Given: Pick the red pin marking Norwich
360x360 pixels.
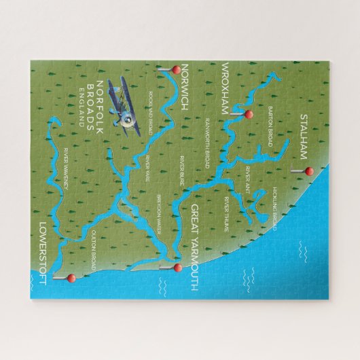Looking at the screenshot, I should point(173,69).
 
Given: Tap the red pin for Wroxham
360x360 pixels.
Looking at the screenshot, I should point(248,114).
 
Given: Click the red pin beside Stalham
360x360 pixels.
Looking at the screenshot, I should point(307,171).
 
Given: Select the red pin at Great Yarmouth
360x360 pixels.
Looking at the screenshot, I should point(178,268).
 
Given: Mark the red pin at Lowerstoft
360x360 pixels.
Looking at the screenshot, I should point(69,277).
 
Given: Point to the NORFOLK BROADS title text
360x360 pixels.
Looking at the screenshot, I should point(95,105).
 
